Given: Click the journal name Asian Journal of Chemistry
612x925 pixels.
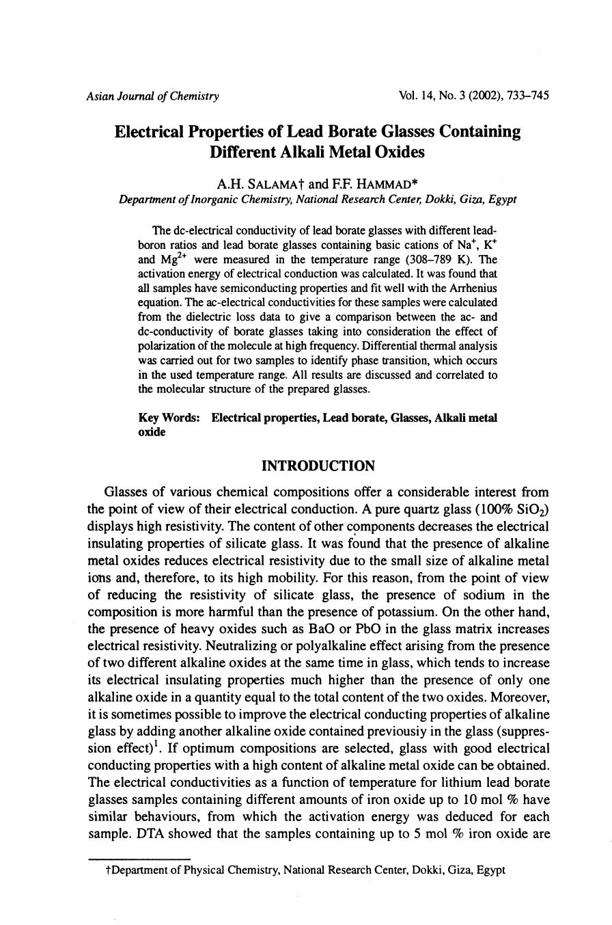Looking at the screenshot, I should click(152, 96).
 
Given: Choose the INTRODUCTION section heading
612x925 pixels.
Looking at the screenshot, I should click(318, 466).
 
